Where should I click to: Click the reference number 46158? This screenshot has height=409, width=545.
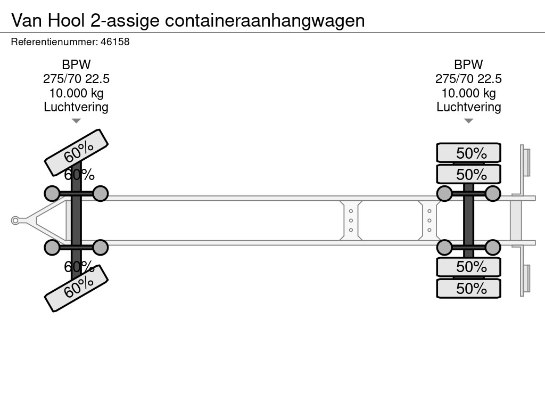[115, 42]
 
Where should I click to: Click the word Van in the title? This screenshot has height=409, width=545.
[28, 20]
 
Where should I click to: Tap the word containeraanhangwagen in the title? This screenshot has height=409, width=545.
[265, 20]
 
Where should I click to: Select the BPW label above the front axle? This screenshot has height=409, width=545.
[76, 65]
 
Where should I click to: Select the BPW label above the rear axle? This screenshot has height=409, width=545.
[468, 65]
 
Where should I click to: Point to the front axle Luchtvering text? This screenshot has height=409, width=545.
[76, 107]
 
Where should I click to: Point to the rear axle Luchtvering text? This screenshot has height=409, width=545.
[468, 107]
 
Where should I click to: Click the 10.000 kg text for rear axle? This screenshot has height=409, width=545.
[468, 93]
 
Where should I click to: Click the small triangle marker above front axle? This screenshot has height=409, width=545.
[76, 121]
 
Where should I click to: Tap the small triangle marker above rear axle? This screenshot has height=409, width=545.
[468, 121]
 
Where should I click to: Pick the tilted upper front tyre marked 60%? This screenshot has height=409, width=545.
[76, 152]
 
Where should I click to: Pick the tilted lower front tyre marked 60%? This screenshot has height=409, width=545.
[76, 288]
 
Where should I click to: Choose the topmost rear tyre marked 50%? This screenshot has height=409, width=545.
[468, 153]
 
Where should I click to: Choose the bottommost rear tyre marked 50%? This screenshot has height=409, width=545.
[468, 288]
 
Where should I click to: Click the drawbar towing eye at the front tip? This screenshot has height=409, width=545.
[15, 220]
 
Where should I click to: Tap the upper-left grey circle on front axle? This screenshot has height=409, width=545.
[52, 193]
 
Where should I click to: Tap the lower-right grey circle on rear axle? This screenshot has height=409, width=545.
[493, 248]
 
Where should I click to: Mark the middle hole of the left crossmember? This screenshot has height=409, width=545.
[351, 220]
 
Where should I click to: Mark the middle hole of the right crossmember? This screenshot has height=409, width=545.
[429, 220]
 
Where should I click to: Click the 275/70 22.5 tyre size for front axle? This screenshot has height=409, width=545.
[76, 79]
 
